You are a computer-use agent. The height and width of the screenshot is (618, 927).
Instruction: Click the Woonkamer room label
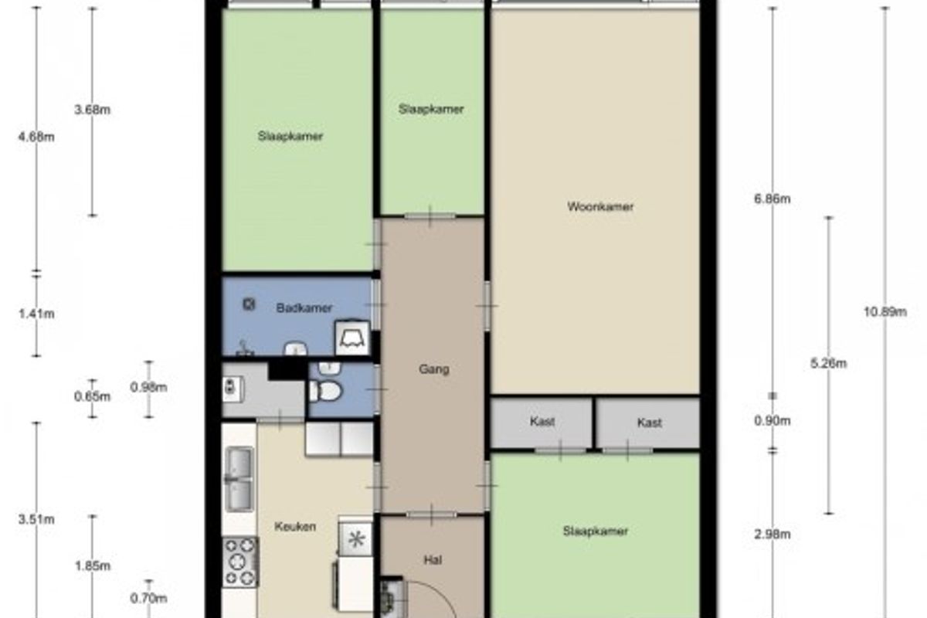600,206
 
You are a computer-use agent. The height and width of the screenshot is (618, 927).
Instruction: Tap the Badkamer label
304,308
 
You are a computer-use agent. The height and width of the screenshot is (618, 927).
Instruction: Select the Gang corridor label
433,369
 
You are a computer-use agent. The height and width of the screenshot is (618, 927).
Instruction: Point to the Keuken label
295,527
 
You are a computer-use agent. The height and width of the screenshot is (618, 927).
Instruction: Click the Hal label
433,560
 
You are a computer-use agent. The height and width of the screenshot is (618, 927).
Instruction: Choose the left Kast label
542,422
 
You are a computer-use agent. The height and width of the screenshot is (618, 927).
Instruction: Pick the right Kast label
650,423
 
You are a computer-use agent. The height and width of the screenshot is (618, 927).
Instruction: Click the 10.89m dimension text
885,311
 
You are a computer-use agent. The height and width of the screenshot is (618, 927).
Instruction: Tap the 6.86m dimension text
772,199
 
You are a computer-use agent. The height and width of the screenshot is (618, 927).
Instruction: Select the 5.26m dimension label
828,363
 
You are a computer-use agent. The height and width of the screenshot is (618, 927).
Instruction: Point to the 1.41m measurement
36,314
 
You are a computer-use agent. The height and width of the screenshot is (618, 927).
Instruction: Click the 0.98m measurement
148,388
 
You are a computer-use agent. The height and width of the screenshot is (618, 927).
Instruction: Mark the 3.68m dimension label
92,110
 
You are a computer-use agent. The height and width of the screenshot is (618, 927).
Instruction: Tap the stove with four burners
240,562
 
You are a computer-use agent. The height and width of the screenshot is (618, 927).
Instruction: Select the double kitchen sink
239,479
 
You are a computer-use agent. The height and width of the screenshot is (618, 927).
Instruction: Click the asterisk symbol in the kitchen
356,539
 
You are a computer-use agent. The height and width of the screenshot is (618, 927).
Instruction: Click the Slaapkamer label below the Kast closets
596,531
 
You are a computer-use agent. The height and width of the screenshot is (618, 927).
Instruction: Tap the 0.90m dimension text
772,421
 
